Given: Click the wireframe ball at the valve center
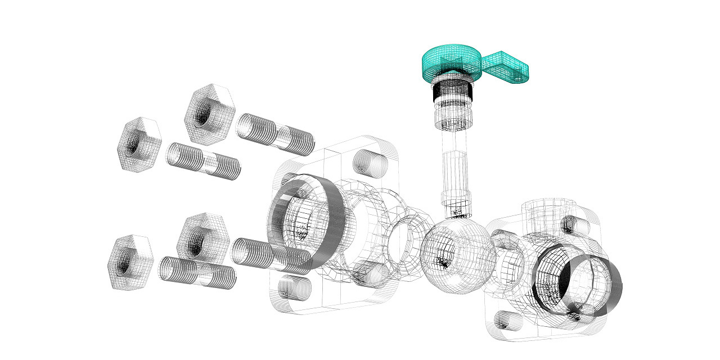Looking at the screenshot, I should [457, 256].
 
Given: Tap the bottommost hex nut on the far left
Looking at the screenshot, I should [130, 262].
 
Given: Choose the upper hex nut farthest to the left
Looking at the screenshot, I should [139, 145].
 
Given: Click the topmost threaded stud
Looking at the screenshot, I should [275, 134].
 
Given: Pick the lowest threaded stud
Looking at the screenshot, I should [197, 272].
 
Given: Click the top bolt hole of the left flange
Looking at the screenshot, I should [369, 163].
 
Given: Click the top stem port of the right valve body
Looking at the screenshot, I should [543, 211].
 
